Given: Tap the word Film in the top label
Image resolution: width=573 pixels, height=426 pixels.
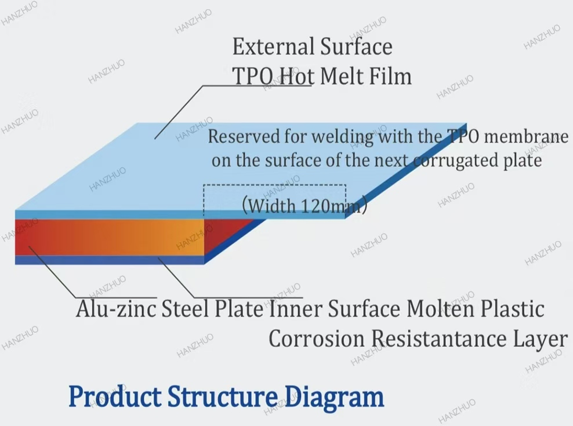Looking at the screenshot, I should pos(390,76).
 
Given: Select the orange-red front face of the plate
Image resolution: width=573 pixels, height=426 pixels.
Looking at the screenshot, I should pos(110,236).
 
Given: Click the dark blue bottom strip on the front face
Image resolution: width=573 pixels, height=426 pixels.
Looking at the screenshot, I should pos(110,260).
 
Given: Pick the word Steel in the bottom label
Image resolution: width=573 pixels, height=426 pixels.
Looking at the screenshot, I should pos(179,308).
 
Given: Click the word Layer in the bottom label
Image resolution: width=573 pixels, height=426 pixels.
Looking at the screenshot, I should pos(540,339).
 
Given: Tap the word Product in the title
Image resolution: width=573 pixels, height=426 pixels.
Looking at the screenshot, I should pos(114,397).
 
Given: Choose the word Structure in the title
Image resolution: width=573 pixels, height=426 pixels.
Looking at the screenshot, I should pos(222,397).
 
